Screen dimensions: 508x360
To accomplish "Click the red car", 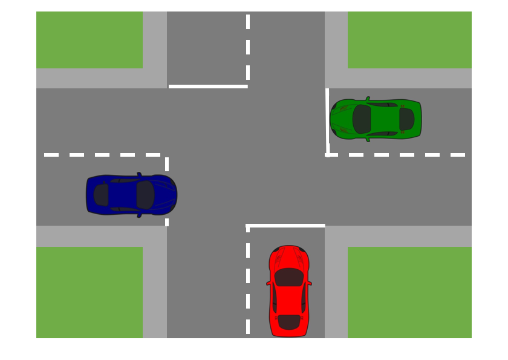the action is click(x=289, y=291).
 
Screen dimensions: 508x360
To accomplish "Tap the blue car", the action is click(x=131, y=195).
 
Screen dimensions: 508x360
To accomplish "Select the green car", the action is click(x=376, y=119).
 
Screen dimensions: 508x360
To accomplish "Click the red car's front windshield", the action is click(x=289, y=277).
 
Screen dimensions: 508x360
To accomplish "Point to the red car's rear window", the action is click(x=289, y=321).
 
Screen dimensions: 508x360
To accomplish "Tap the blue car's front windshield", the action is click(x=145, y=195).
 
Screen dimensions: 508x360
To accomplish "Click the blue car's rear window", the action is click(x=101, y=195).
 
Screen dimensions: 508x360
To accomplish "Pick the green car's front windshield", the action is click(x=362, y=119).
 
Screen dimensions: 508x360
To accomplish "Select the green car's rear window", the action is click(x=406, y=119).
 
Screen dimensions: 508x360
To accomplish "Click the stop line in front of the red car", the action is click(x=285, y=226).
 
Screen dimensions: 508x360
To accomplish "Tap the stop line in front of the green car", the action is click(x=327, y=121).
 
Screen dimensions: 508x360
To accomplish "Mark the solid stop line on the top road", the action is click(x=208, y=87).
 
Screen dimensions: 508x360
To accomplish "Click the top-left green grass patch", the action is click(x=89, y=39).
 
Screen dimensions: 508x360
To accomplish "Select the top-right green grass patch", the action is click(x=409, y=39).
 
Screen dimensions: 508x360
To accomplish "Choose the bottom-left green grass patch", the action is click(x=89, y=292).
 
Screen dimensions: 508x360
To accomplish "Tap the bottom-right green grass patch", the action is click(x=409, y=292).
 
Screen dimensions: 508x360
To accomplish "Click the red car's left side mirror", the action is click(x=268, y=283).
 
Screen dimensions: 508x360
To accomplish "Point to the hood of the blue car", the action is click(x=164, y=195).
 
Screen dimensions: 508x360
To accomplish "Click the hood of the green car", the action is click(x=342, y=119).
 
